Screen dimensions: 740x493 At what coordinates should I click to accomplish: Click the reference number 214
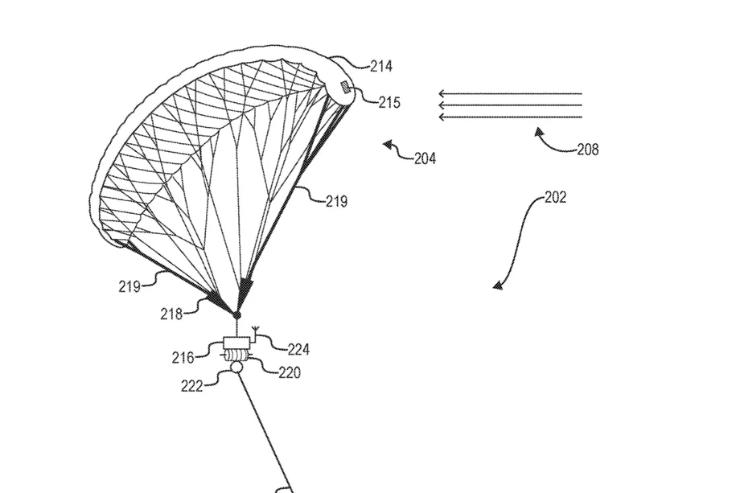click(x=380, y=67)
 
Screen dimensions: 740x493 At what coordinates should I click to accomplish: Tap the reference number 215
click(x=389, y=102)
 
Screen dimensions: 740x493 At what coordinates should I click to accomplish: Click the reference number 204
click(x=425, y=158)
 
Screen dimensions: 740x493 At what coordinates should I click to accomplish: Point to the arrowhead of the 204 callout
click(x=388, y=144)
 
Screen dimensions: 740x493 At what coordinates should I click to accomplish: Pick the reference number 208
click(x=587, y=150)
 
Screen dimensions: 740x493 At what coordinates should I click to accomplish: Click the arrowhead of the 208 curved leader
click(x=539, y=132)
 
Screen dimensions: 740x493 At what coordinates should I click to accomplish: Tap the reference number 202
click(x=555, y=197)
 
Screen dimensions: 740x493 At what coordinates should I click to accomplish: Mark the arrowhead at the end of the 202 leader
click(x=498, y=285)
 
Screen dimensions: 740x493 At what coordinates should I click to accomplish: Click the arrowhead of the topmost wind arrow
click(x=442, y=93)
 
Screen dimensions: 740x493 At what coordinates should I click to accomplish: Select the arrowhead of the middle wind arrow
click(x=442, y=105)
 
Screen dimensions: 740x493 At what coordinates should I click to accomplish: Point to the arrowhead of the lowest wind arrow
click(x=442, y=117)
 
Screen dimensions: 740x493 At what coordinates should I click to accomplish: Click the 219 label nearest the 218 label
click(x=129, y=286)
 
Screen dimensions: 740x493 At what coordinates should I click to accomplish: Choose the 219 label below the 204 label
click(x=336, y=201)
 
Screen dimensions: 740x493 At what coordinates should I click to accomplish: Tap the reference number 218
click(x=171, y=314)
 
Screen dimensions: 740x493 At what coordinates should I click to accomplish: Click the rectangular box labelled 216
click(x=237, y=343)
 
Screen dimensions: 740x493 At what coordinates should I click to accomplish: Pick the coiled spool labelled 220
click(x=237, y=355)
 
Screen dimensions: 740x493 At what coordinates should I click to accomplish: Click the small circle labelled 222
click(x=236, y=367)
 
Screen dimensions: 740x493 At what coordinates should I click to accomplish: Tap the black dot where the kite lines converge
click(x=237, y=314)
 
